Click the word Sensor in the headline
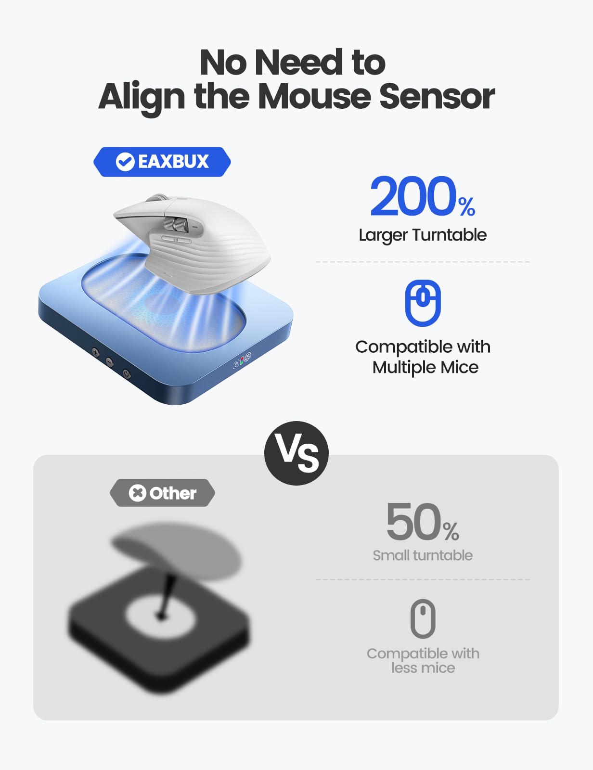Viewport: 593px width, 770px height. tap(437, 96)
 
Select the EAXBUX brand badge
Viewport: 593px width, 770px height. tap(162, 162)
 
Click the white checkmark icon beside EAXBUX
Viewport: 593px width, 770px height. tap(125, 162)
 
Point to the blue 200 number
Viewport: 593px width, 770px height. tap(413, 196)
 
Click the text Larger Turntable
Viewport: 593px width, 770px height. tap(423, 235)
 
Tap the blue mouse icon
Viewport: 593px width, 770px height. tap(423, 303)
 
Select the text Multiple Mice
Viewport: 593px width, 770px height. tap(425, 367)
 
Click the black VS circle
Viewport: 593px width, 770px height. tap(296, 453)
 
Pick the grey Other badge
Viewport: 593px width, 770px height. tap(162, 493)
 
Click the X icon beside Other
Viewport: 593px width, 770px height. tap(137, 493)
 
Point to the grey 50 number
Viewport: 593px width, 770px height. tap(413, 522)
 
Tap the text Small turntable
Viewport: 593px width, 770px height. tap(423, 555)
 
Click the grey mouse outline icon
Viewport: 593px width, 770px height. tap(423, 619)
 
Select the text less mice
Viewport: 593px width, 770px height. tap(423, 668)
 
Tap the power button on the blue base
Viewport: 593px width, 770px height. tap(126, 373)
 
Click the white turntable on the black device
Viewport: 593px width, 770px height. tap(160, 615)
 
